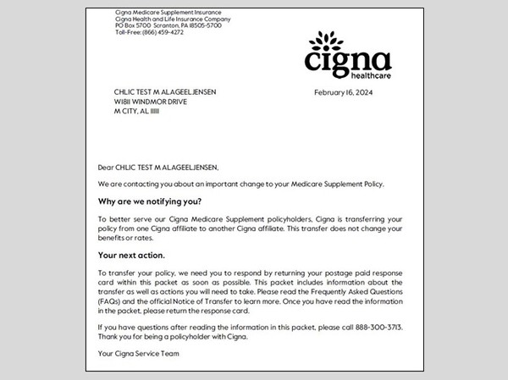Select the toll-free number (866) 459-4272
pos(152,32)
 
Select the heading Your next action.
pos(131,254)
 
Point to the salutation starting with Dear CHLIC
pos(158,167)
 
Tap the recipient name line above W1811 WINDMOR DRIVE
pos(167,91)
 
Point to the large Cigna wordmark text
pos(348,61)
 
